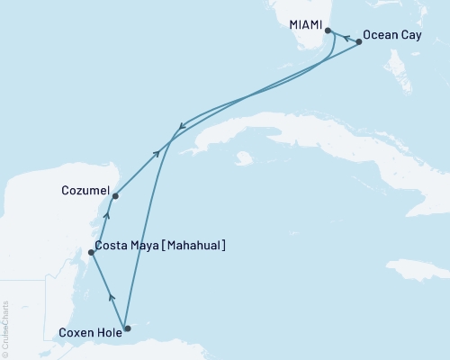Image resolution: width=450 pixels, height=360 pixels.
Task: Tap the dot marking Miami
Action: pos(328,31)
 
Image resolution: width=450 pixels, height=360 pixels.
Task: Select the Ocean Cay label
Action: pos(391,37)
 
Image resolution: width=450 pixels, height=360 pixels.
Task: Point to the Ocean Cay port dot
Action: pos(359,41)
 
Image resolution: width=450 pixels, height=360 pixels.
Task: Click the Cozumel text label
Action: pos(86,192)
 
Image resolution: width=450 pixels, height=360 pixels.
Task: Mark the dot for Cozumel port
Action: pos(115,196)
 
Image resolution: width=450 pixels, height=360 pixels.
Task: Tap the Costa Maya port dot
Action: pos(92,253)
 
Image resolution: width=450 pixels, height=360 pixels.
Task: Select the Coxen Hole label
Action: pos(89,330)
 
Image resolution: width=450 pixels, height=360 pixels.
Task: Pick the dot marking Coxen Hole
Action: pos(127,328)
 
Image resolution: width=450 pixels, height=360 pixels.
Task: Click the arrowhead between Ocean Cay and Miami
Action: pos(346,38)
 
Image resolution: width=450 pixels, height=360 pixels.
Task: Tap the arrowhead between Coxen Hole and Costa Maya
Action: pos(111,295)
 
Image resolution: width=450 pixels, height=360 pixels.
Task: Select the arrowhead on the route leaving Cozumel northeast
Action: pos(158,154)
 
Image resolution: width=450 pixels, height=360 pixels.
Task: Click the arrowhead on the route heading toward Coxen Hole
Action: pos(182,126)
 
